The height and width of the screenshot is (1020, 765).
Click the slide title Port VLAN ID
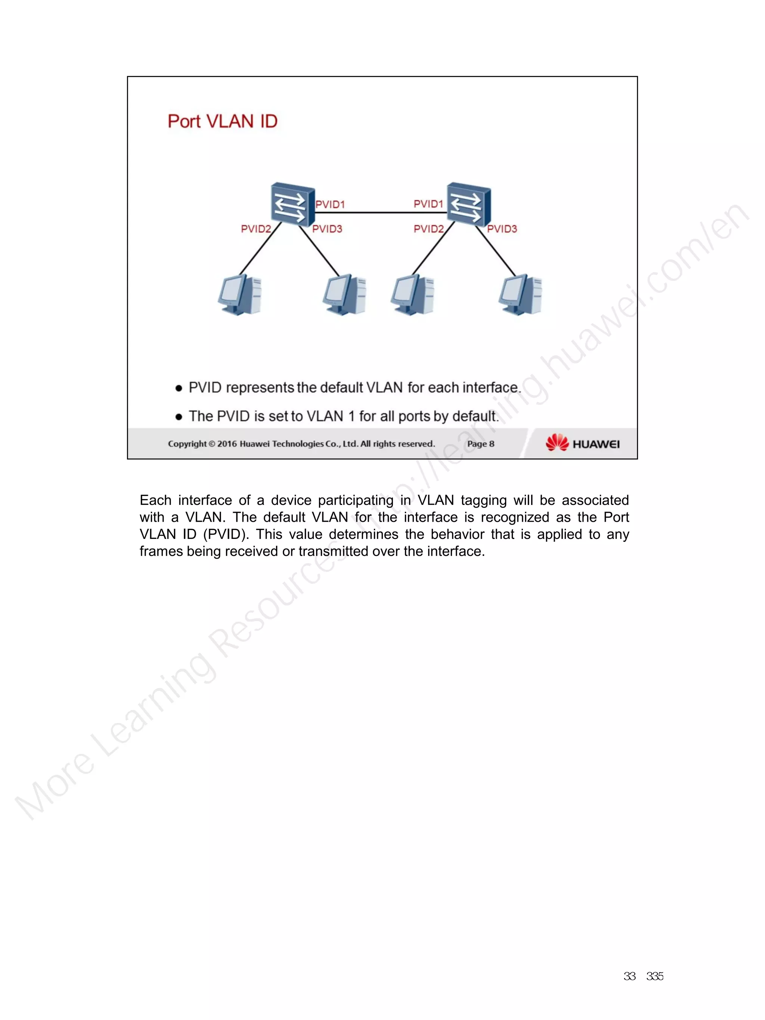point(222,121)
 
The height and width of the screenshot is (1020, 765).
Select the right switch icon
point(468,204)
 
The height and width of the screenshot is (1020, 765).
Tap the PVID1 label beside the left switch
point(330,204)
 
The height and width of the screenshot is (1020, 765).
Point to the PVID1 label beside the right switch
point(428,204)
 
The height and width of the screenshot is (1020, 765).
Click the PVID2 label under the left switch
point(256,229)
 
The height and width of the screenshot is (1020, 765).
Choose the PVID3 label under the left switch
point(327,229)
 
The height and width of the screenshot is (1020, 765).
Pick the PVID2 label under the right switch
point(428,229)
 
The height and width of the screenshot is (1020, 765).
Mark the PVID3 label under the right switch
point(502,229)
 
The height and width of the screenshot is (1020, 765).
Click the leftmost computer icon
point(240,295)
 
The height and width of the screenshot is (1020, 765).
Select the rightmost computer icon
point(520,295)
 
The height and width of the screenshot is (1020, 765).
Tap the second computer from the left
point(344,295)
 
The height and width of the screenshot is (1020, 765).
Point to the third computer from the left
point(412,295)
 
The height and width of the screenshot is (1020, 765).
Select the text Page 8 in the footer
point(480,444)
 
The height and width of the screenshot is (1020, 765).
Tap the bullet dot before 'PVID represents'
point(179,388)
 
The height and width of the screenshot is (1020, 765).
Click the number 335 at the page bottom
point(655,976)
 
